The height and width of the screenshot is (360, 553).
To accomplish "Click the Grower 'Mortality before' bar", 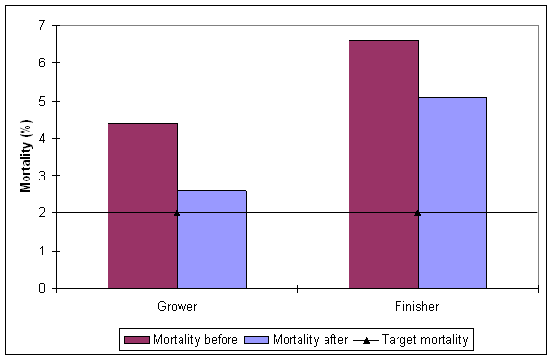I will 142,204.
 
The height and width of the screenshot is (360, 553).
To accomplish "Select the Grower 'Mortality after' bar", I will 211,239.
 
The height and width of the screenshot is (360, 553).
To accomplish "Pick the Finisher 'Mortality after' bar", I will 451,192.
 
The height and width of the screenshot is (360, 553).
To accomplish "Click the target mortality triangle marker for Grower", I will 177,212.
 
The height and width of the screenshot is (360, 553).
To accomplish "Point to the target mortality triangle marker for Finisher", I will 417,212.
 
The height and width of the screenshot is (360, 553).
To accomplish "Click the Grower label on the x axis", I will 177,307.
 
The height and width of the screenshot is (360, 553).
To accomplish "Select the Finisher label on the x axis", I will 417,307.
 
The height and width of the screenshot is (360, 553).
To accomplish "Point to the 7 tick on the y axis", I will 42,25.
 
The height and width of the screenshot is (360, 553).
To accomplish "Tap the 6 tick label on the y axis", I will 42,62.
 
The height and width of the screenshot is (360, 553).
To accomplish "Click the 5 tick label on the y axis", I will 42,101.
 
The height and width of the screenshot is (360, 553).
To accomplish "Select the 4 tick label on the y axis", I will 42,138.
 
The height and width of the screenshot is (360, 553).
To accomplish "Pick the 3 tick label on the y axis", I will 42,176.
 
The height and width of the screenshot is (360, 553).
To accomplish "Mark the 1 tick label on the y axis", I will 42,251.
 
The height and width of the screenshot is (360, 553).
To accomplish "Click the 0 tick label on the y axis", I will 42,288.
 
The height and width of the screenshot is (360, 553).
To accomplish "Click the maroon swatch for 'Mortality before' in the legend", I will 132,339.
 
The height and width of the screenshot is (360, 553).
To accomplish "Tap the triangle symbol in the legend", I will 369,339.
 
